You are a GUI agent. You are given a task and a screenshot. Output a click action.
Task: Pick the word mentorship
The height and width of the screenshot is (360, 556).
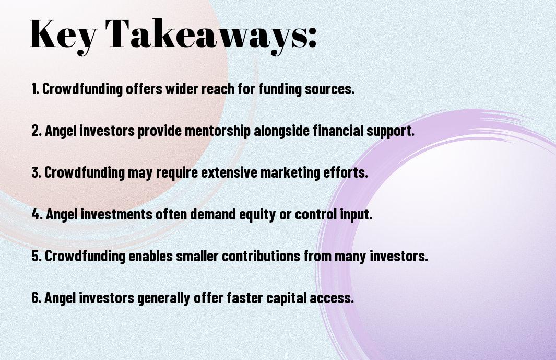(x=217, y=131)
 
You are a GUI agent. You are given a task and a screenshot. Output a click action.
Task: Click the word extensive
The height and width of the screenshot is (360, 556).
(x=229, y=172)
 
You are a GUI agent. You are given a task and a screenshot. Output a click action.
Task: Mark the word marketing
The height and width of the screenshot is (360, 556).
(x=290, y=173)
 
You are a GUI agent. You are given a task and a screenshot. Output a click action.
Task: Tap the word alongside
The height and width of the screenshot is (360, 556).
(x=281, y=131)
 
